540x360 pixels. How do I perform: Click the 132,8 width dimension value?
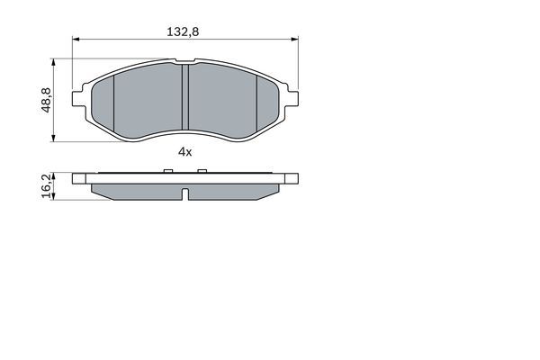click(x=183, y=31)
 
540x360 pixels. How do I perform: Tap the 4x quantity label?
click(x=184, y=151)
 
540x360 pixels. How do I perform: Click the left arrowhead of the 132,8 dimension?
click(x=76, y=40)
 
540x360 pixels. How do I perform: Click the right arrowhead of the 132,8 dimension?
click(x=294, y=40)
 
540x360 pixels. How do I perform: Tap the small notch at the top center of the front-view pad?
click(x=184, y=63)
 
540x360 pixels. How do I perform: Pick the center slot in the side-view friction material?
click(x=184, y=194)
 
